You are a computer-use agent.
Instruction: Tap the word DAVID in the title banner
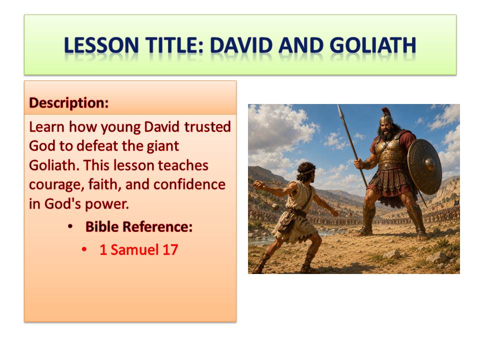point(241,45)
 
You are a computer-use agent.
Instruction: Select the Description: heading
point(69,103)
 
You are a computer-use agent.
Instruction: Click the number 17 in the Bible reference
point(170,250)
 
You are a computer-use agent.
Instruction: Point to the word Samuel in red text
point(134,250)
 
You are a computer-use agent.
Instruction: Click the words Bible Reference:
point(139,227)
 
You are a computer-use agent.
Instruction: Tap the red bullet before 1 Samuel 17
point(84,250)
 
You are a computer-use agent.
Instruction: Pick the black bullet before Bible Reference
point(70,227)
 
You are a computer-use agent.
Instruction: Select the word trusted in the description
point(207,127)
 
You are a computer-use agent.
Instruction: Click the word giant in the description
point(163,146)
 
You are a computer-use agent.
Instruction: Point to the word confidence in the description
point(189,184)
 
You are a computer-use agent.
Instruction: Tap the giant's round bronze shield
point(424,166)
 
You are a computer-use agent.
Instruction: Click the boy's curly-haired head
point(304,172)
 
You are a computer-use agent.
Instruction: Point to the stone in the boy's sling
point(274,205)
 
